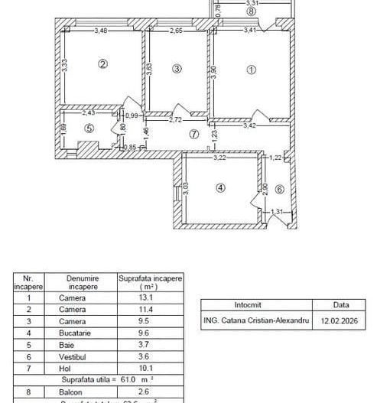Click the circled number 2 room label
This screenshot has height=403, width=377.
coord(103,64)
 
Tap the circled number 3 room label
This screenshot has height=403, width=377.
coord(177,69)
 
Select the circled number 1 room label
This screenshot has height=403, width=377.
coord(249,69)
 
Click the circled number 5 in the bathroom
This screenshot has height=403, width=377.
coord(89,128)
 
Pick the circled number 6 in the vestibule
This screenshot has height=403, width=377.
coord(279,189)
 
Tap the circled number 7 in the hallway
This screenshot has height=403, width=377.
coord(193,134)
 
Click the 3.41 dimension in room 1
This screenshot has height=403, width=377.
coord(249,31)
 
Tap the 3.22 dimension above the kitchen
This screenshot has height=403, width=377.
coord(219,158)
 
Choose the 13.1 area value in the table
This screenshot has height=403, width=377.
coord(150,299)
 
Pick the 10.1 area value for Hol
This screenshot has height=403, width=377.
coord(150,368)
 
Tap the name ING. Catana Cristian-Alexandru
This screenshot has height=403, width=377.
coord(256,321)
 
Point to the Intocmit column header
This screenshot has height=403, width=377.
coord(256,304)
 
